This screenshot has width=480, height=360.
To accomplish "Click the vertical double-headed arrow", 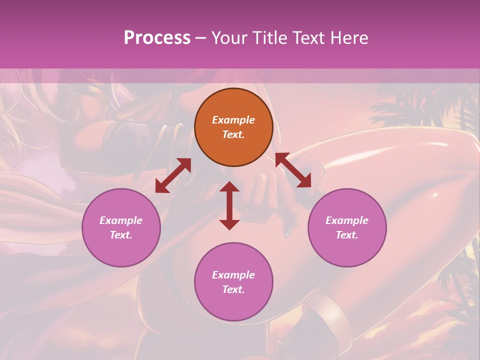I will (229, 205).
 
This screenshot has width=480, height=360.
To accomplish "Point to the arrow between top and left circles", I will (173, 175).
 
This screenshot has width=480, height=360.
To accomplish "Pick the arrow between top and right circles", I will (293, 170).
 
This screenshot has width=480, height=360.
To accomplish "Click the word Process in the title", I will (157, 37).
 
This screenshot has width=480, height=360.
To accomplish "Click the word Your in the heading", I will (229, 37).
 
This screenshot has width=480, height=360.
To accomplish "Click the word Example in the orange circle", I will (233, 120).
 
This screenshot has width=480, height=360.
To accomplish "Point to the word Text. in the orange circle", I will (233, 134).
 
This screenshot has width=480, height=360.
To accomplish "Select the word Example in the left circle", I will (121, 220).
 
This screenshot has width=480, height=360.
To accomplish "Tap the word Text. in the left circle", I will (121, 235).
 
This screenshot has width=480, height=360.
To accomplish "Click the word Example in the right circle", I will (347, 220).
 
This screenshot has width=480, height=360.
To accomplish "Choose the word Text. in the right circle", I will (347, 235).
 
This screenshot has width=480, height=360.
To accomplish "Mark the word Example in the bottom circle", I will (233, 275).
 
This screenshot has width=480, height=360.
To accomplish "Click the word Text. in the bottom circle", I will (233, 289).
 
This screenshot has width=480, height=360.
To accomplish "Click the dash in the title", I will (201, 38).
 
